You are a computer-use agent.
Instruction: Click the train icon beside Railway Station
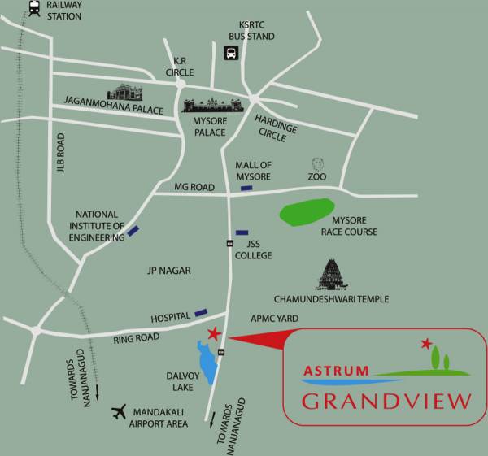pyautogui.click(x=34, y=10)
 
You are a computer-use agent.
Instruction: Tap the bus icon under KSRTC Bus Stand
pyautogui.click(x=230, y=54)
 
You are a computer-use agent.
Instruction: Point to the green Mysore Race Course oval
pyautogui.click(x=307, y=211)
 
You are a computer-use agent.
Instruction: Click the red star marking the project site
pyautogui.click(x=214, y=333)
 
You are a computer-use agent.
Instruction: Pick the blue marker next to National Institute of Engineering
pyautogui.click(x=133, y=232)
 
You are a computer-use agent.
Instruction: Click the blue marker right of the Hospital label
pyautogui.click(x=200, y=311)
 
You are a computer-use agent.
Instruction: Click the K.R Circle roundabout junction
pyautogui.click(x=181, y=82)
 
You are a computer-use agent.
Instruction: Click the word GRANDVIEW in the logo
pyautogui.click(x=386, y=401)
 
